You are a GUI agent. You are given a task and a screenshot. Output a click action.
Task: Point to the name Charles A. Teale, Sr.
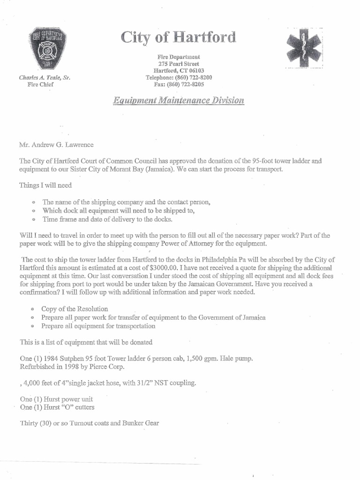coord(45,78)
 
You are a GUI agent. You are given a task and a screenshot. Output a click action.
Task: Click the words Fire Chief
coord(41,85)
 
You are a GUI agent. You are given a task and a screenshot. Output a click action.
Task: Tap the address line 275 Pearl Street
coord(179,64)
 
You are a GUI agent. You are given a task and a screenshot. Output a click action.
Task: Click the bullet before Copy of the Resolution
coord(32,309)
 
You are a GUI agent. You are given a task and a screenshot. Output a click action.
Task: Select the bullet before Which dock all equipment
coord(32,210)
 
